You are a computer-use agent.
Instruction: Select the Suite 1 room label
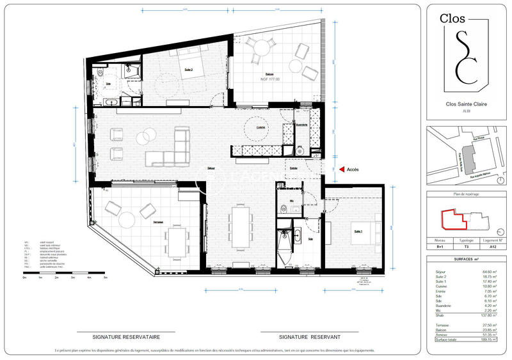point(358,231)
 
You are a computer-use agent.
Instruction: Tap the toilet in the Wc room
point(283,208)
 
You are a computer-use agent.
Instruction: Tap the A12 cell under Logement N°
point(492,245)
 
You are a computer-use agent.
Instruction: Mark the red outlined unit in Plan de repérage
point(452,219)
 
